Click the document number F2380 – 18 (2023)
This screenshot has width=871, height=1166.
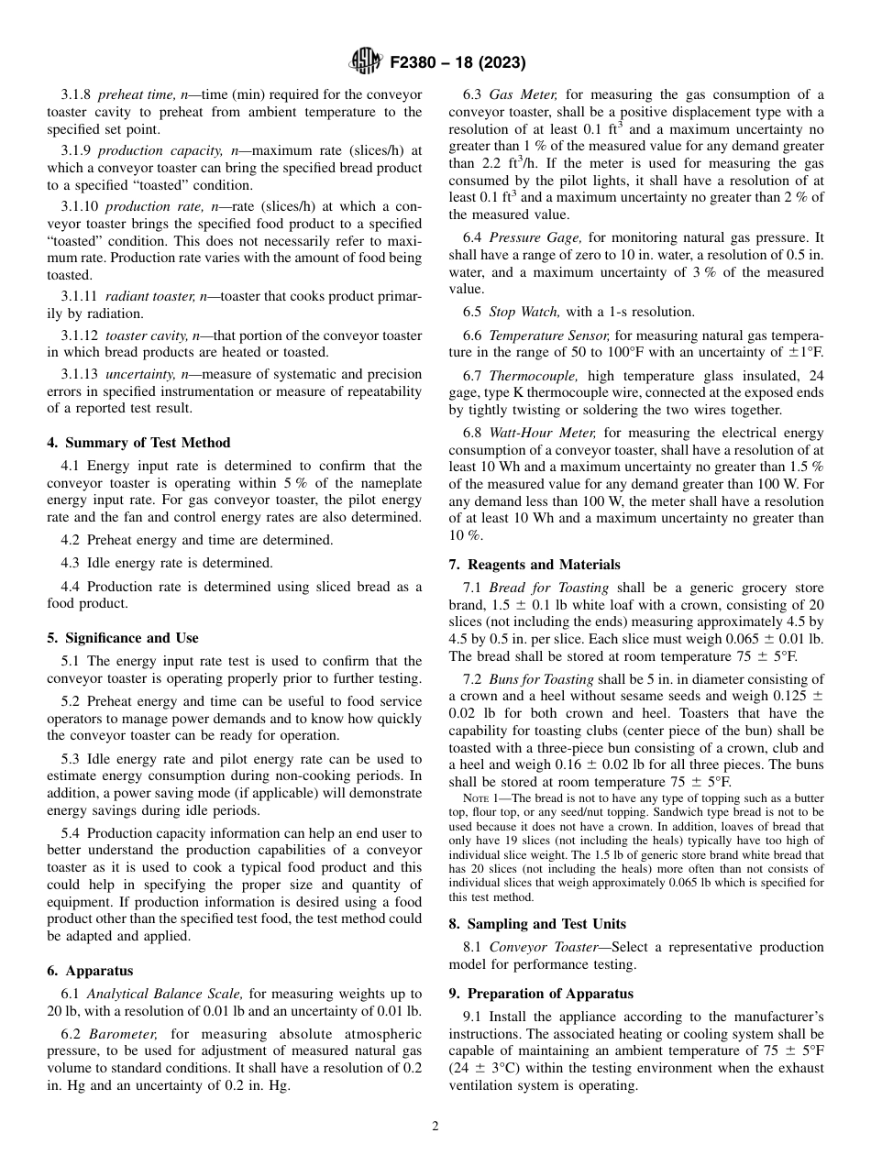click(x=458, y=63)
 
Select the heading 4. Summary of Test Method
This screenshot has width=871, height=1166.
click(x=138, y=443)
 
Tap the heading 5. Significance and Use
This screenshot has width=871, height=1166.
click(x=122, y=638)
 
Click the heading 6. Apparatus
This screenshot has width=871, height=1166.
click(x=90, y=971)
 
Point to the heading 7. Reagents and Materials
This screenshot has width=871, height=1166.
click(x=534, y=565)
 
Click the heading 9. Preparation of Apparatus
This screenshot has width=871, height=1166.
click(x=542, y=994)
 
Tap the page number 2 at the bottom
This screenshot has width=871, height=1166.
click(x=435, y=1127)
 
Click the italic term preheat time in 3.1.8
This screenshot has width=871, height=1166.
click(x=133, y=94)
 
